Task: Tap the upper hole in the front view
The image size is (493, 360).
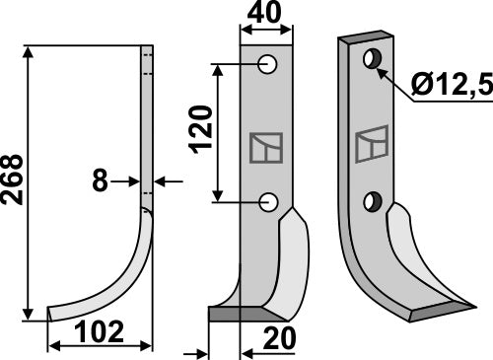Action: (x=267, y=65)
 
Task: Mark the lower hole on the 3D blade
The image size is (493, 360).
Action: (x=372, y=201)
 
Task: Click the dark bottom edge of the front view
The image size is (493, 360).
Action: (x=242, y=315)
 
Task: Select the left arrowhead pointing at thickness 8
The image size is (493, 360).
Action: (x=135, y=181)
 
